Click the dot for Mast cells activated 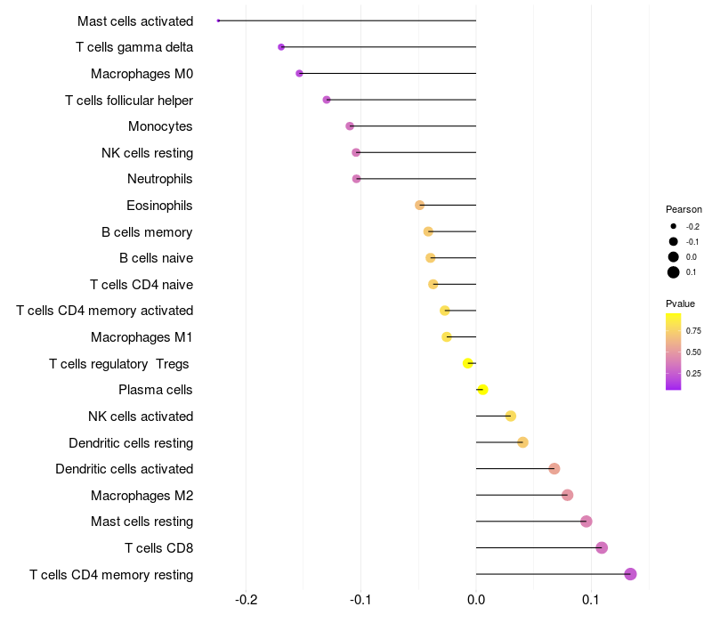pyautogui.click(x=218, y=20)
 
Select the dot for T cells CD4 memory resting pyautogui.click(x=630, y=574)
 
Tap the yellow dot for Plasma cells pyautogui.click(x=482, y=390)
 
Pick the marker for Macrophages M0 pyautogui.click(x=299, y=73)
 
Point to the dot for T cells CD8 pyautogui.click(x=602, y=547)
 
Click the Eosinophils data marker pyautogui.click(x=420, y=206)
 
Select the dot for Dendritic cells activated pyautogui.click(x=554, y=469)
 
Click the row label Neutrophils pyautogui.click(x=160, y=179)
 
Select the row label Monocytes pyautogui.click(x=160, y=126)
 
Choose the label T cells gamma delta pyautogui.click(x=134, y=47)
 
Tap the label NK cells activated pyautogui.click(x=141, y=417)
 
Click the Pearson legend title pyautogui.click(x=684, y=209)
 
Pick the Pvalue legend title pyautogui.click(x=681, y=303)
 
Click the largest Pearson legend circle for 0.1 pyautogui.click(x=674, y=272)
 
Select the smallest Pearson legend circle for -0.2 pyautogui.click(x=674, y=226)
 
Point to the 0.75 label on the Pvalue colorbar pyautogui.click(x=693, y=330)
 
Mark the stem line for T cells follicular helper pyautogui.click(x=400, y=100)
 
